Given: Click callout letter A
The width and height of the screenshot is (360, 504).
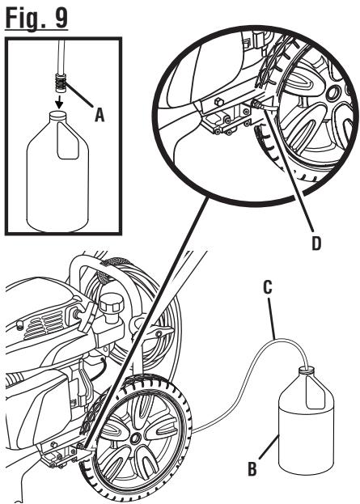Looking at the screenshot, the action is (x=100, y=115).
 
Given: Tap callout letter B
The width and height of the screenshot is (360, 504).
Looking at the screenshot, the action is (x=252, y=468).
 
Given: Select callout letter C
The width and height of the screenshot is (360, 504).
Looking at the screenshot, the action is (x=268, y=287).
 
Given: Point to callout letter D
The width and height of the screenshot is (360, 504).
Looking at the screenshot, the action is (x=316, y=244).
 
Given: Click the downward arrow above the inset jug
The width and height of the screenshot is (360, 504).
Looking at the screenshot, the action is (x=58, y=104).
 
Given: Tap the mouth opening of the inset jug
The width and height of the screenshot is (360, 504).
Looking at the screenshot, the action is (x=57, y=114).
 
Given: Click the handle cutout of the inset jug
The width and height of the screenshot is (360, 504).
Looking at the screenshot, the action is (x=68, y=141).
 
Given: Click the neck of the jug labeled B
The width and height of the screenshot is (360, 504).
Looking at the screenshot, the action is (x=306, y=370).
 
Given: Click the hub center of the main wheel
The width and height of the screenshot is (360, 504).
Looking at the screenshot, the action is (x=136, y=438).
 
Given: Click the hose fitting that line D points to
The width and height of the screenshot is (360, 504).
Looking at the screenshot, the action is (x=257, y=104).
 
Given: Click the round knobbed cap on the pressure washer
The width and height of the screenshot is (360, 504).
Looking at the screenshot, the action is (x=112, y=302).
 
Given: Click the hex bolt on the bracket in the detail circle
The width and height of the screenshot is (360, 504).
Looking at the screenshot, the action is (x=218, y=102).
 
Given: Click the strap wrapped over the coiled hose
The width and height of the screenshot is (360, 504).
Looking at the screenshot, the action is (x=111, y=262).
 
